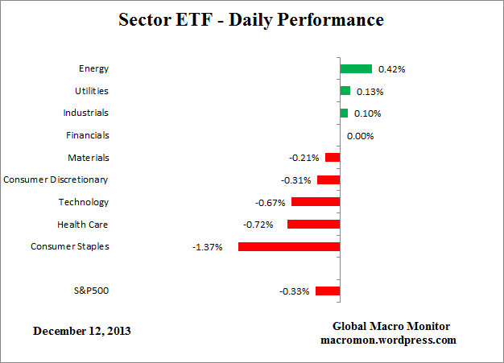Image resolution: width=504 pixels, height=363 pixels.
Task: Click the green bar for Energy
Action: point(356,69)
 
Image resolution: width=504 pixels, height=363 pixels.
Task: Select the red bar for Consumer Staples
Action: point(289,246)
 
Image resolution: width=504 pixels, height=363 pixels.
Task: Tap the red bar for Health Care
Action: point(313,225)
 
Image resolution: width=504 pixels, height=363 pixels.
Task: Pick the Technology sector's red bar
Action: point(316,202)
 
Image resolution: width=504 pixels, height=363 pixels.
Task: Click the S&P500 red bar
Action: point(328,291)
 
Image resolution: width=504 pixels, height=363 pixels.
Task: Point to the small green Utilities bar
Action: point(345,91)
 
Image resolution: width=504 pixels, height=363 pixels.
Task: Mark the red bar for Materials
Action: point(332,158)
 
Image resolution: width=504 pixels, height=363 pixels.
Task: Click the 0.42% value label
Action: point(392,69)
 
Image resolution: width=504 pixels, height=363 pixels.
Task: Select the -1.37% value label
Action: point(208,246)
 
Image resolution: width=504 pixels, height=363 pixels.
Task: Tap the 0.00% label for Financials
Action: point(361,136)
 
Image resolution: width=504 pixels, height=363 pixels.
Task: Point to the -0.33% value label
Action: point(295,291)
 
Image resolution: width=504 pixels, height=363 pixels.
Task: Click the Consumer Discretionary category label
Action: point(56,179)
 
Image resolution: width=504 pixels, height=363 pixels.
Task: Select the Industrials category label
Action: point(85,113)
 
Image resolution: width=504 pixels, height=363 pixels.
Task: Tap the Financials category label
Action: point(88,135)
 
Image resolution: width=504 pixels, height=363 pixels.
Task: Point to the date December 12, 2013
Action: point(82,331)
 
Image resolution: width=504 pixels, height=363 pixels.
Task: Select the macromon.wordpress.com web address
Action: point(386,340)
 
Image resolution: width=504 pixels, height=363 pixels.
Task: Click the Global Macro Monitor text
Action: point(391,325)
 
